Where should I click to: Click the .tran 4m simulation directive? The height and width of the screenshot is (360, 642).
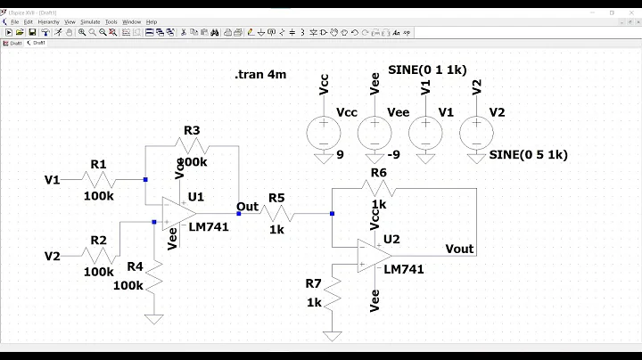coord(260,75)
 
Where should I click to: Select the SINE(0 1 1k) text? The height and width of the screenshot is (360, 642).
coord(427,70)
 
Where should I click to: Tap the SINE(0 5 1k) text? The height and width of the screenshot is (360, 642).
coord(529,154)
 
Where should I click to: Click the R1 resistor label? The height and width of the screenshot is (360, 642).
coord(98,164)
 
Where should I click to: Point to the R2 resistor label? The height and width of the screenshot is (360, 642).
coord(98,240)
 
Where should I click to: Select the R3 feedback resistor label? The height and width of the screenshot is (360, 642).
coord(192,131)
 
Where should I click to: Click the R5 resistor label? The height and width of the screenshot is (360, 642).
coord(276,198)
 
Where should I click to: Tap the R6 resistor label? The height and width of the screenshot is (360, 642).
coord(379,173)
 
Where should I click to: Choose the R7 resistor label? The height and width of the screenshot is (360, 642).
coord(313,283)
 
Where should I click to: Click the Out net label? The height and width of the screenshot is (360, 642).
coord(247,207)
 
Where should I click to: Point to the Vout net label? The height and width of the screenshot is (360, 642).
coord(459,249)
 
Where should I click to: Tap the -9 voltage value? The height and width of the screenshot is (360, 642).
coord(372,154)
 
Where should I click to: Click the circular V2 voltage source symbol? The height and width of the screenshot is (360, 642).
coord(476,134)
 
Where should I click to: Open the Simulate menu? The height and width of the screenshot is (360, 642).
coord(90,21)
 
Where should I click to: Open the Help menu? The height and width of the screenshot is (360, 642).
coord(152,21)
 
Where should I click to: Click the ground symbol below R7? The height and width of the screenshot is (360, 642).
coord(333,335)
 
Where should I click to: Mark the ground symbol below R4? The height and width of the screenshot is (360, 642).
coord(155,317)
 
